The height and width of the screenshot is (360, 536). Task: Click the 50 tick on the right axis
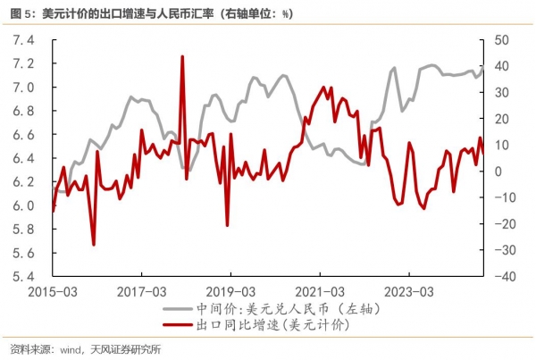pos(498,41)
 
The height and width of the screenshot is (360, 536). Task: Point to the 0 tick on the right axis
pos(501,172)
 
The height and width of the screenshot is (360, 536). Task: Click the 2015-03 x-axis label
pos(52,291)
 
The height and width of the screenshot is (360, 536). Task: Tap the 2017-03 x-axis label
pos(141,291)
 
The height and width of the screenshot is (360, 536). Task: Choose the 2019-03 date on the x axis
pos(230,291)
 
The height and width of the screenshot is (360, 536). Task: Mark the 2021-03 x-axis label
pos(320,291)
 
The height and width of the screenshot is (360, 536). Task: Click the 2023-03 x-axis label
pos(408,291)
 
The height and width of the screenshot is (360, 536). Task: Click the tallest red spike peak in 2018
pos(182,56)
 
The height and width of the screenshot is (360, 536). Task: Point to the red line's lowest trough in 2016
pos(94,244)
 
